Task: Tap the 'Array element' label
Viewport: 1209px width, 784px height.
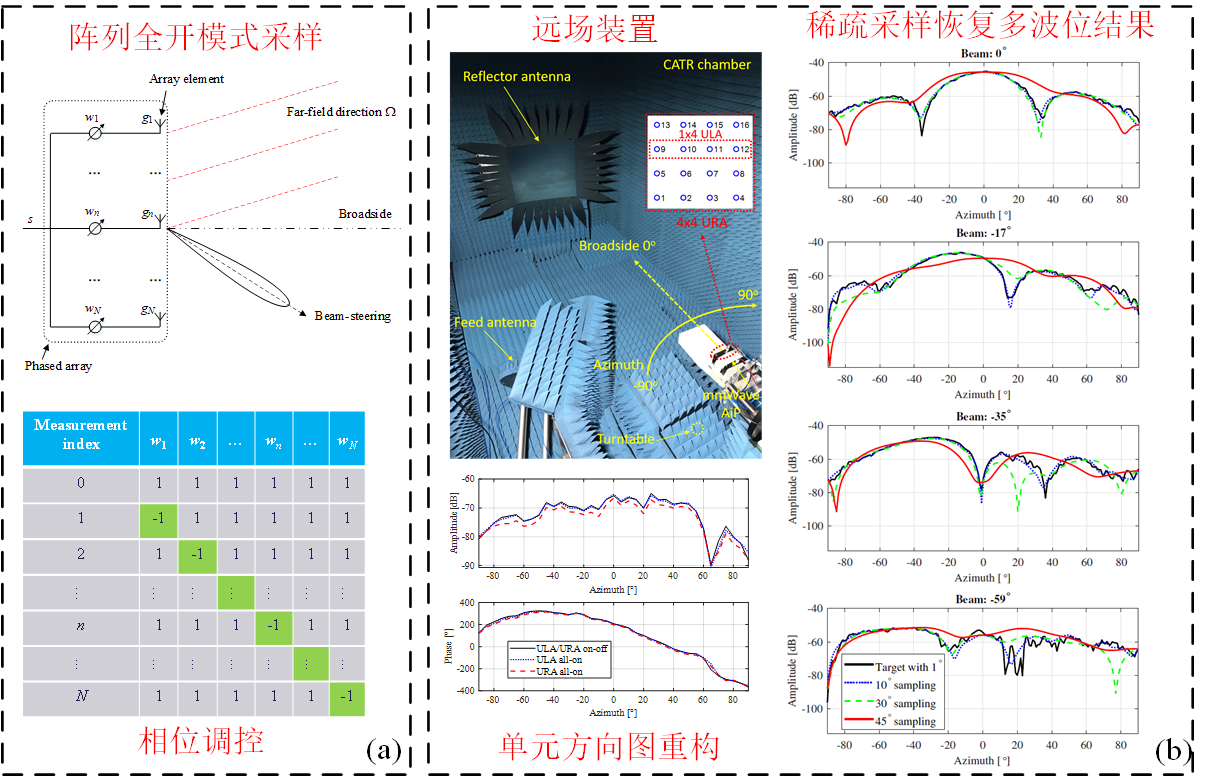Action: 187,78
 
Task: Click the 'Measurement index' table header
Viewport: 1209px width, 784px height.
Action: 81,434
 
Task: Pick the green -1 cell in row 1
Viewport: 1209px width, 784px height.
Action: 158,519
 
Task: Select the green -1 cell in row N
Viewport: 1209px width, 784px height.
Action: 346,698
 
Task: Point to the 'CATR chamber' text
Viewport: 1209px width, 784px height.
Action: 707,64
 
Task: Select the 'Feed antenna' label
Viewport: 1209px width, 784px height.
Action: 493,324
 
